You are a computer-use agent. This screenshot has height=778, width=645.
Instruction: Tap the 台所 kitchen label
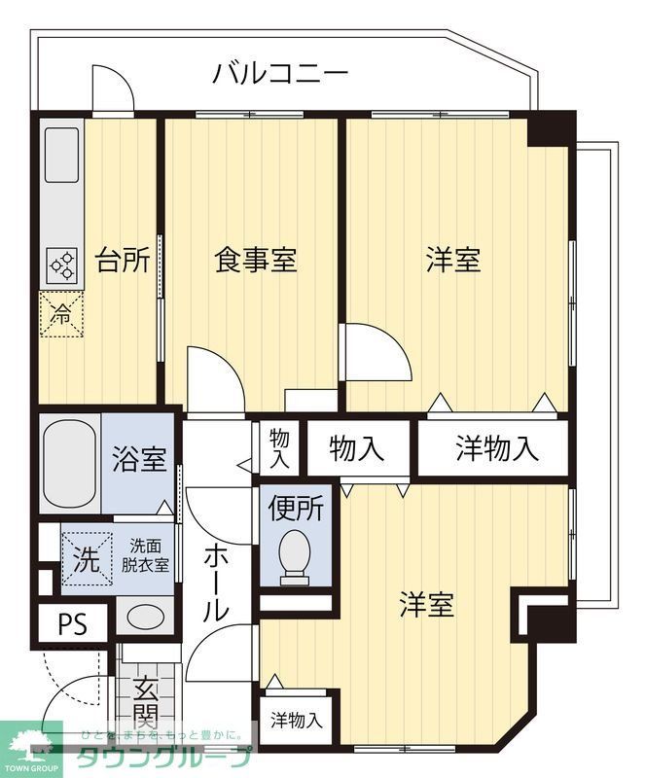click(x=123, y=261)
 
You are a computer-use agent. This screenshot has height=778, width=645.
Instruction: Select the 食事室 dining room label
click(x=255, y=261)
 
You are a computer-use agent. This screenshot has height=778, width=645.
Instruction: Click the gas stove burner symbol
click(x=62, y=265)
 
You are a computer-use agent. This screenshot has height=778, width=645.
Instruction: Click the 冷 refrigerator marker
click(x=61, y=314)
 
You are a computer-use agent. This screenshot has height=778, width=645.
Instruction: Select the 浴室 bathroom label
click(x=138, y=457)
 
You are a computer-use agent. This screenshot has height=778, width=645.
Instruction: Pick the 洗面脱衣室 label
click(x=145, y=555)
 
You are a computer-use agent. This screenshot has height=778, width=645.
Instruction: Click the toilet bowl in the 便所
click(x=294, y=557)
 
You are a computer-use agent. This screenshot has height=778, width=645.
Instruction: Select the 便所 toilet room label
click(x=297, y=508)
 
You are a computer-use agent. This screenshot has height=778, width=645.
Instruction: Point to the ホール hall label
click(x=216, y=583)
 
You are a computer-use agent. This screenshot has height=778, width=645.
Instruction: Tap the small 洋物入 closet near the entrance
click(x=297, y=721)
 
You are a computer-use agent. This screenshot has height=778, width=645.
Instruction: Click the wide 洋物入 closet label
click(x=496, y=448)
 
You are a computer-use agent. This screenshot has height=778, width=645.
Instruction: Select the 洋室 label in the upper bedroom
click(x=453, y=261)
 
